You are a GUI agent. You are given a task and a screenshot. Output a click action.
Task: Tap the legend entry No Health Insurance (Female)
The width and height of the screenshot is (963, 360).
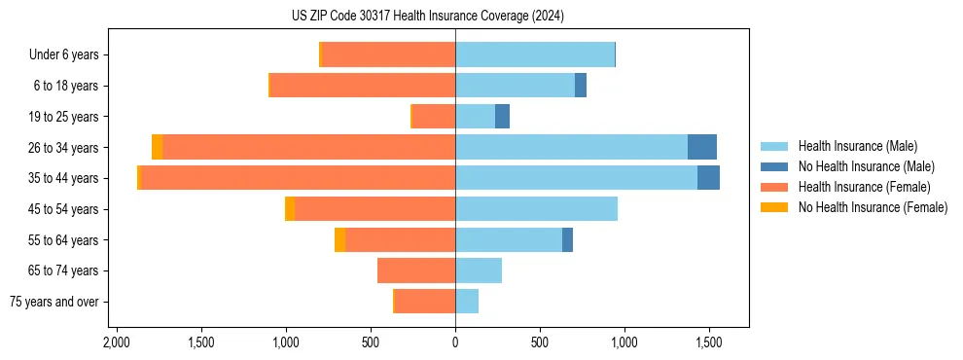coord(873,207)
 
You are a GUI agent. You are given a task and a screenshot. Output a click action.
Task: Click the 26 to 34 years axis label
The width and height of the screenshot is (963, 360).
coord(64,148)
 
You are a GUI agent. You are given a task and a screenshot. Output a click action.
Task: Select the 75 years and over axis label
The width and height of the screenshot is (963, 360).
coord(54,302)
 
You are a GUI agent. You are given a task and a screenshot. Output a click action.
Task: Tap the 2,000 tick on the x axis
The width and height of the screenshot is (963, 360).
coord(117,342)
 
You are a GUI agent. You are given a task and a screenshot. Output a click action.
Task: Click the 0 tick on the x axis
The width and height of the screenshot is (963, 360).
coord(455,342)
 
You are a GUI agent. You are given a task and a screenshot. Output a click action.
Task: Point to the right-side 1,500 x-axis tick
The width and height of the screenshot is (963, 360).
coord(708,342)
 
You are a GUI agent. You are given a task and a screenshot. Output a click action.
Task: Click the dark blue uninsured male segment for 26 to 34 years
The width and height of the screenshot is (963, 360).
coord(702,147)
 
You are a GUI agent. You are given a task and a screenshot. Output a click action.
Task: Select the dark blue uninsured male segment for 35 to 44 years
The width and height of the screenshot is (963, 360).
coord(708,178)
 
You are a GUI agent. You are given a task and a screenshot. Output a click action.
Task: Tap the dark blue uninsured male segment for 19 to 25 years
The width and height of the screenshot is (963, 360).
coord(502,117)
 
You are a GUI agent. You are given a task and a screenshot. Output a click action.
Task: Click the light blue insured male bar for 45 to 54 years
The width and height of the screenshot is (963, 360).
coord(536,209)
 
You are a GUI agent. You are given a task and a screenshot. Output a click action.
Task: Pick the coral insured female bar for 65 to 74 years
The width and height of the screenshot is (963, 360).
coord(416,270)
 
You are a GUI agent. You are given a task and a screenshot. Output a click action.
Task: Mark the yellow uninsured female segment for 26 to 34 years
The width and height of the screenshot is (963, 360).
coord(158,147)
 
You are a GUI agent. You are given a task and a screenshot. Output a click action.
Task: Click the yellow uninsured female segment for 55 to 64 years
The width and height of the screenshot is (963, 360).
coord(339,240)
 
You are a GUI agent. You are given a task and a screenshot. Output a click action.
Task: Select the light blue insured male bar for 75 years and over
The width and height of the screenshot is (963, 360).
coord(467,302)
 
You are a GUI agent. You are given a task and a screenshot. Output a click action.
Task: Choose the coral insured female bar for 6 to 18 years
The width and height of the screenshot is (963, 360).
coord(363,86)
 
